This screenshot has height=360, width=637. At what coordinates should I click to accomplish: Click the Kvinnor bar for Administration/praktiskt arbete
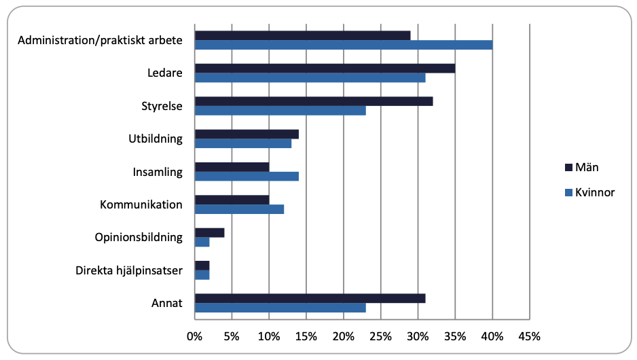pyautogui.click(x=344, y=45)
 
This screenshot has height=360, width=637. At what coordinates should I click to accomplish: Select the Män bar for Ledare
pyautogui.click(x=325, y=69)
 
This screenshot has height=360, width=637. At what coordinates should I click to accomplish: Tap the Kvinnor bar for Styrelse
pyautogui.click(x=280, y=111)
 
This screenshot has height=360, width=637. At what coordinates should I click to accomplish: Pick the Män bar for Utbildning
pyautogui.click(x=247, y=134)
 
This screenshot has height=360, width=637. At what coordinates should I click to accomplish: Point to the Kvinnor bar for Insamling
pyautogui.click(x=247, y=177)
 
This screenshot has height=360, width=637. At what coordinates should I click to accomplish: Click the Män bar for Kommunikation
pyautogui.click(x=232, y=200)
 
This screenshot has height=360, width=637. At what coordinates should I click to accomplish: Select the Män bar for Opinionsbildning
pyautogui.click(x=209, y=232)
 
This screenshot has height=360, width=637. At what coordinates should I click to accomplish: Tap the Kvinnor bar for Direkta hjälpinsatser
pyautogui.click(x=202, y=275)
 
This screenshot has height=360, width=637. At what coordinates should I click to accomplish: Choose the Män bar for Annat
pyautogui.click(x=310, y=298)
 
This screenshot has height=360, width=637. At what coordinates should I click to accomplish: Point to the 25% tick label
pyautogui.click(x=380, y=336)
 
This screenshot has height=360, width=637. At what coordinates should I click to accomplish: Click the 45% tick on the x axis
pyautogui.click(x=529, y=336)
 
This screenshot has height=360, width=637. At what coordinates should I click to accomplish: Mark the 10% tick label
pyautogui.click(x=269, y=336)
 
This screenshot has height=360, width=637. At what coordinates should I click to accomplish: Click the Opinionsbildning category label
pyautogui.click(x=139, y=237)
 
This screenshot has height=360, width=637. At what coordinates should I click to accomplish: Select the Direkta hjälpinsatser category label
pyautogui.click(x=128, y=270)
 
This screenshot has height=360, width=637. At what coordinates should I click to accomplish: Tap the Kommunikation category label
pyautogui.click(x=141, y=204)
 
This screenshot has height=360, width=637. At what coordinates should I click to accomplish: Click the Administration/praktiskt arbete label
pyautogui.click(x=100, y=40)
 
